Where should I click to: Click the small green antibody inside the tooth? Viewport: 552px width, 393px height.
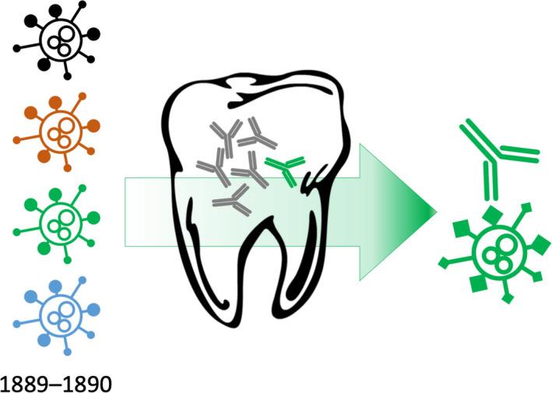point(284,170)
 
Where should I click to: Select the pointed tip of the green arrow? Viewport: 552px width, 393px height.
point(433,209)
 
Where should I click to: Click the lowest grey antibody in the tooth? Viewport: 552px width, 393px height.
point(231,203)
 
